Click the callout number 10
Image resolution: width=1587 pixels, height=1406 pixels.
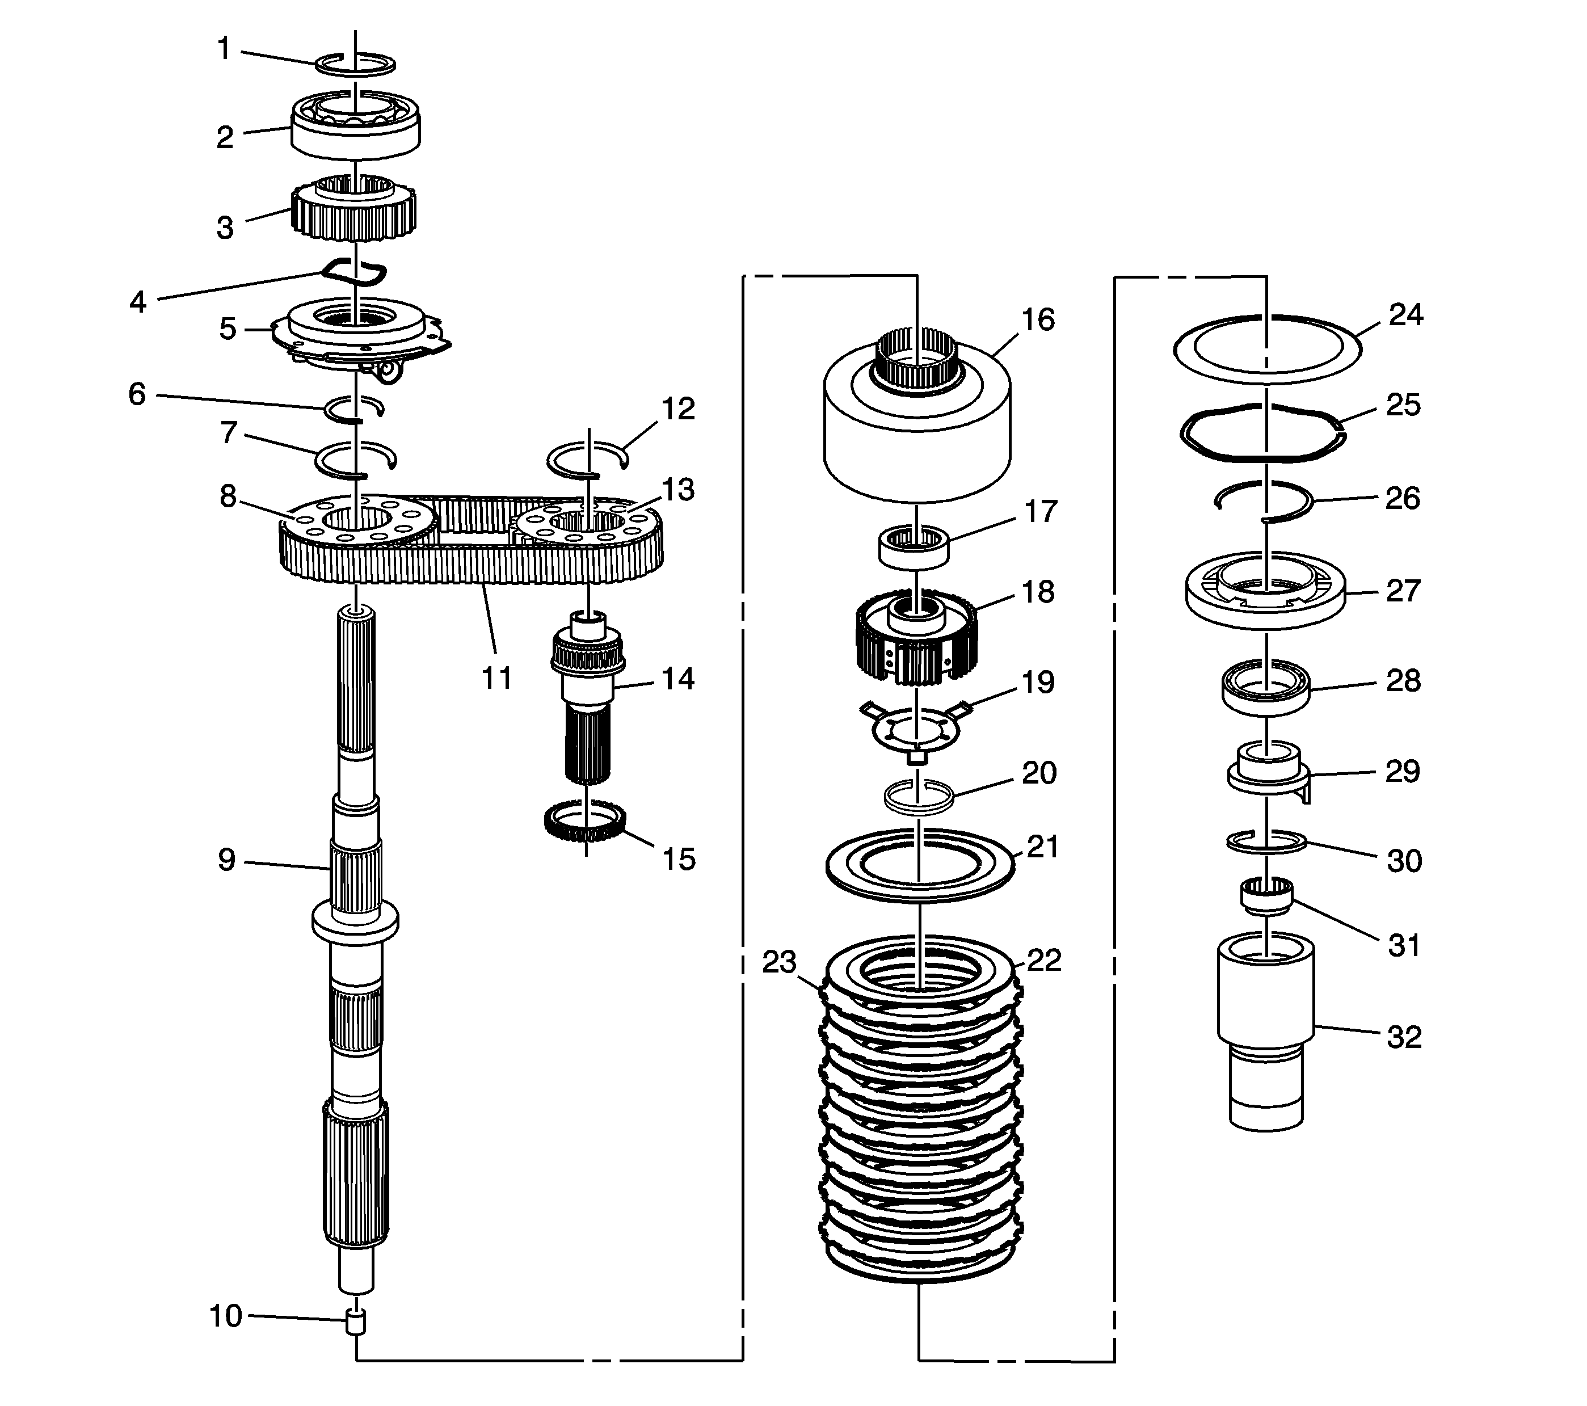coord(226,1316)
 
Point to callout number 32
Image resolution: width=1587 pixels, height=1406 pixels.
coord(1404,1037)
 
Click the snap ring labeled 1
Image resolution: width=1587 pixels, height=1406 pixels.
coord(356,65)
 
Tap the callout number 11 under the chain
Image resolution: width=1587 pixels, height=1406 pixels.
coord(497,678)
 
